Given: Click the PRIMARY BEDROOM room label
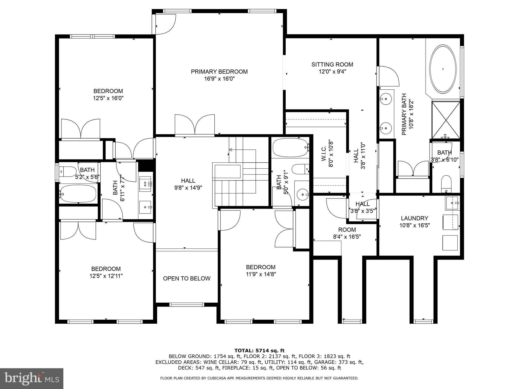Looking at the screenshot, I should pos(219,72).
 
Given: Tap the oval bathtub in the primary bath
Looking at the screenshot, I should pos(443,69).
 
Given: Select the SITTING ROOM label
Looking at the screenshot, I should pos(332,65).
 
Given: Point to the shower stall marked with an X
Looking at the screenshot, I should pos(446,120).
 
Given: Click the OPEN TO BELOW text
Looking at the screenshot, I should pos(187,279).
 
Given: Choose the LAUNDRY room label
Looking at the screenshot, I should pos(415,218).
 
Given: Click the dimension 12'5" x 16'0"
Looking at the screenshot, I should pos(108,98).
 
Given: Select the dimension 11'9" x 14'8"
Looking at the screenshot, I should pos(261,274).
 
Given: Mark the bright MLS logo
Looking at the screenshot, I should pos(32,378).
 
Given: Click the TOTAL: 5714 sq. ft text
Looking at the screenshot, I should pos(259,351).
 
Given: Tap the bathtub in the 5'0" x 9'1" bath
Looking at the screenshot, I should pos(290,148).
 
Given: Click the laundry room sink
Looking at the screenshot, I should pos(452,203).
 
